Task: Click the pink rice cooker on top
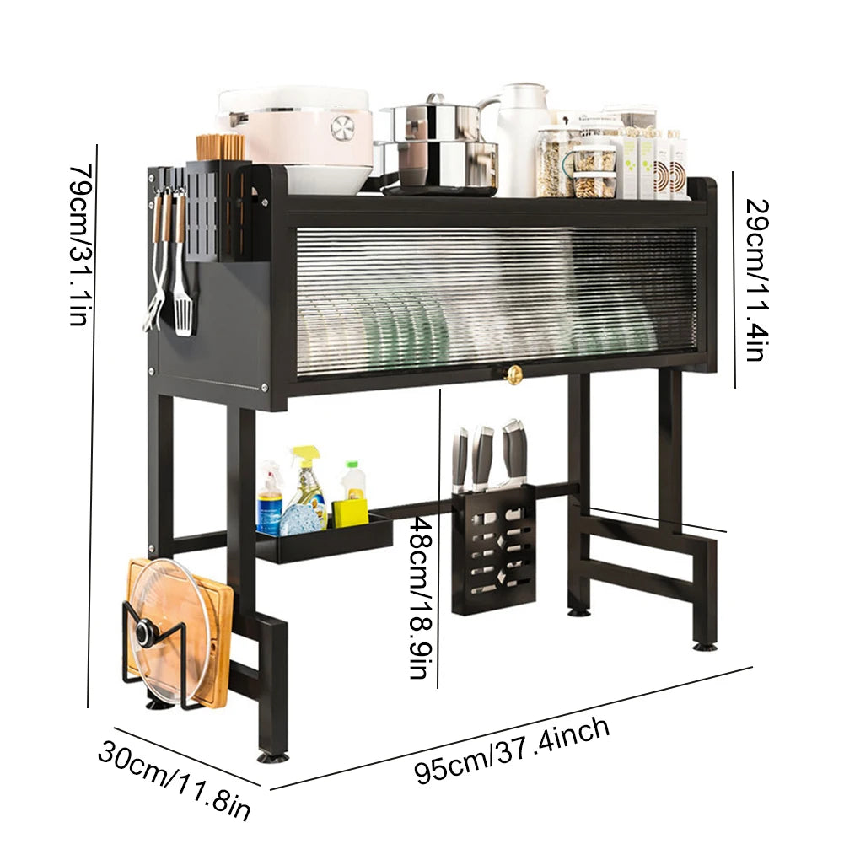click(295, 126)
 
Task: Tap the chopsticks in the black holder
click(221, 147)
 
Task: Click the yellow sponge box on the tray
click(349, 512)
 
